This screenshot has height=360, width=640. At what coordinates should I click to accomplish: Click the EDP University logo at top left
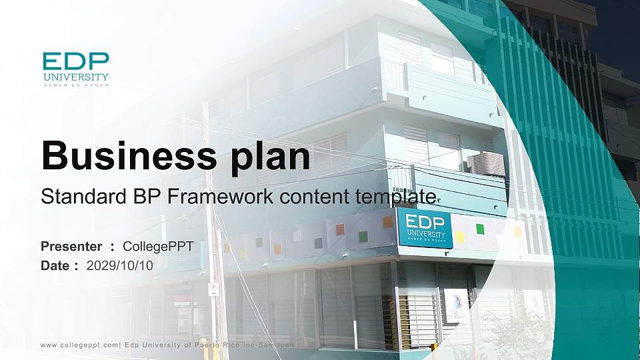pyautogui.click(x=75, y=67)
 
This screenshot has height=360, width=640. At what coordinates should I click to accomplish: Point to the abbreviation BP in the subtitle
pyautogui.click(x=146, y=197)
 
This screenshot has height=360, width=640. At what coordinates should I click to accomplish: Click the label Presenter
pyautogui.click(x=71, y=247)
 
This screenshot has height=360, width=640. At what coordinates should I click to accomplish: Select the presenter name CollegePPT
pyautogui.click(x=158, y=247)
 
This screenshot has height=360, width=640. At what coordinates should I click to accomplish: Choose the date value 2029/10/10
pyautogui.click(x=120, y=265)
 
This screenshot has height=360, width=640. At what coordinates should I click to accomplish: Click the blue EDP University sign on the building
pyautogui.click(x=425, y=228)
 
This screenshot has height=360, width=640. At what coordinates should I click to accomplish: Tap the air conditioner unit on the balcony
pyautogui.click(x=487, y=164)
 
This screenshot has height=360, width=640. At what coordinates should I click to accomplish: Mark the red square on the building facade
pyautogui.click(x=340, y=229)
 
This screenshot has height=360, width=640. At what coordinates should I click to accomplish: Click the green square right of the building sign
pyautogui.click(x=480, y=229)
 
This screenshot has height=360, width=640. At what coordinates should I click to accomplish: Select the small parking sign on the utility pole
pyautogui.click(x=213, y=289)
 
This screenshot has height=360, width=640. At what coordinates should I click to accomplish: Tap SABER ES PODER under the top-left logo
pyautogui.click(x=75, y=85)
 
